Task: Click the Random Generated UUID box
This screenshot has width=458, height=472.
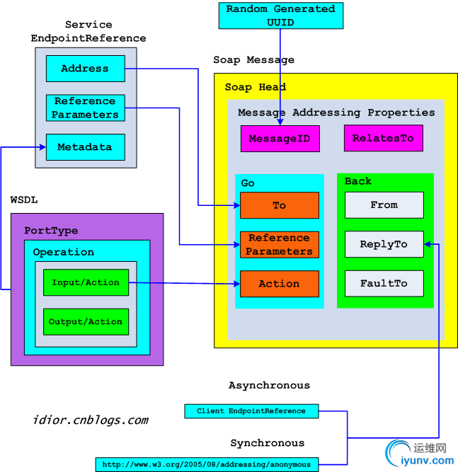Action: click(x=280, y=16)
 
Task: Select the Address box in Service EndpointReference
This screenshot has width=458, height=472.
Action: click(x=86, y=69)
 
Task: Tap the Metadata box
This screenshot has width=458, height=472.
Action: click(x=86, y=147)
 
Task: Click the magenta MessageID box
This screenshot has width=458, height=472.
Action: click(x=280, y=139)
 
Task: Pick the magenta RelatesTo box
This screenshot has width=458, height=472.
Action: click(x=384, y=138)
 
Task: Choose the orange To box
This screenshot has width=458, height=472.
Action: click(x=280, y=205)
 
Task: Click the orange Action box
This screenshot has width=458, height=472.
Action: click(x=280, y=284)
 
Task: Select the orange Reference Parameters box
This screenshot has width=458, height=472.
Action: click(x=280, y=244)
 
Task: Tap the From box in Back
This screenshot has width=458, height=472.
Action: click(x=384, y=205)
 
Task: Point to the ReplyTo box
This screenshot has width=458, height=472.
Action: click(x=384, y=244)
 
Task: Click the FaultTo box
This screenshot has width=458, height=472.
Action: click(x=384, y=283)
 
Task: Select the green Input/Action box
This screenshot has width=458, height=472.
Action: click(x=86, y=282)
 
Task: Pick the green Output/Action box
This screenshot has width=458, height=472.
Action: click(x=86, y=321)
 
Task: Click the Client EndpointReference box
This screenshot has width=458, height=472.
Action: click(x=251, y=411)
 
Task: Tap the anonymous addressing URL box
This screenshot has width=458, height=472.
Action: click(x=207, y=464)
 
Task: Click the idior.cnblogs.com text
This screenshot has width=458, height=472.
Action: click(x=91, y=420)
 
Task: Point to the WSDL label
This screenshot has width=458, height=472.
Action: click(x=24, y=200)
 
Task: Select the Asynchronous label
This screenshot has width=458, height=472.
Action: click(x=269, y=385)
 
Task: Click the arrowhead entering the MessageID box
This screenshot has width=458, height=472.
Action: click(x=280, y=122)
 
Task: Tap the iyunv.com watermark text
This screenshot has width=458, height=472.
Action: click(x=428, y=461)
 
